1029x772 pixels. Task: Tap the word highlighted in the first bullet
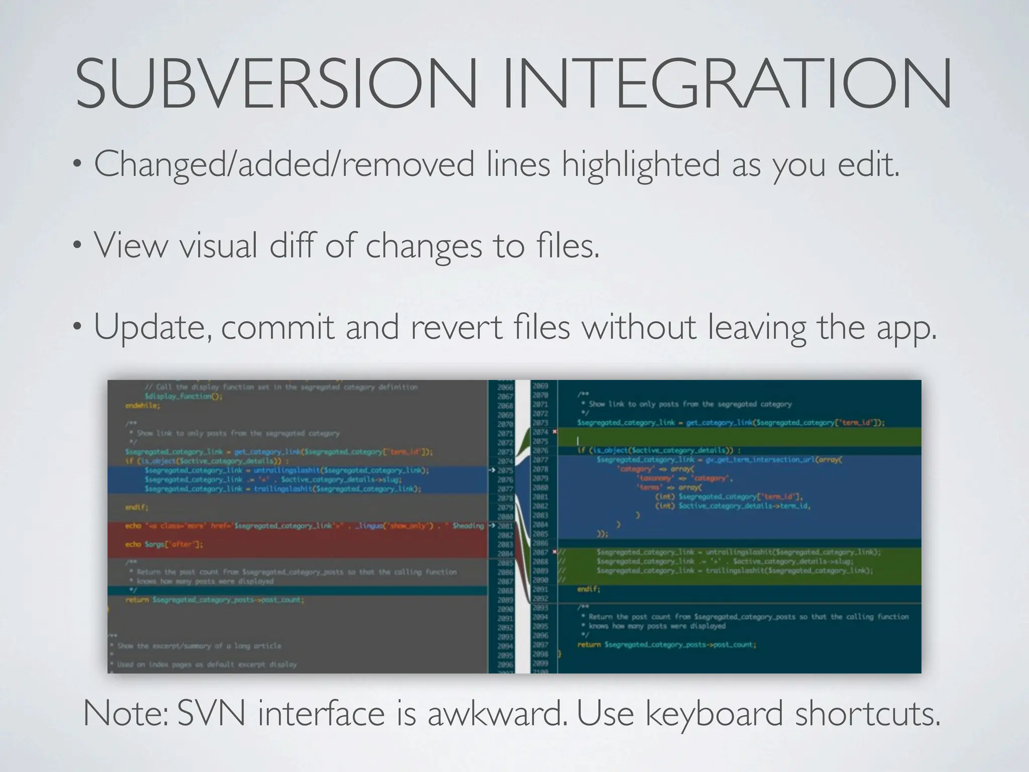[641, 164]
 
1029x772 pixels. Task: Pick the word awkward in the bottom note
[498, 714]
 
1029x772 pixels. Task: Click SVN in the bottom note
[211, 714]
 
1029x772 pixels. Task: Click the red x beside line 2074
[555, 432]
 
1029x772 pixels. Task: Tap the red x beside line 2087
[555, 552]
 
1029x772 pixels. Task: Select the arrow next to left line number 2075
[492, 470]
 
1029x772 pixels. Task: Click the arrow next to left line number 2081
[492, 526]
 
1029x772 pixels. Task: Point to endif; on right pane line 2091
[588, 589]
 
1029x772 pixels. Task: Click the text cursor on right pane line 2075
[578, 441]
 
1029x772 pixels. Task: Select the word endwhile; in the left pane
[142, 406]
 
